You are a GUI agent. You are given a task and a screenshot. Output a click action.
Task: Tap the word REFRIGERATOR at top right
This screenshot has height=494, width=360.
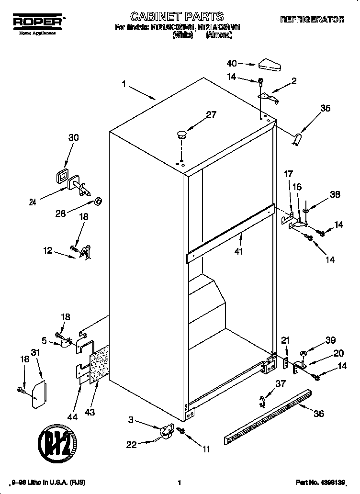(312, 20)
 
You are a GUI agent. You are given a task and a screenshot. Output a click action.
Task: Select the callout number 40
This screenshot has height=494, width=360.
(232, 63)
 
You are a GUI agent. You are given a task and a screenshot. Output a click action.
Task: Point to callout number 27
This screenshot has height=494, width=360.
(211, 114)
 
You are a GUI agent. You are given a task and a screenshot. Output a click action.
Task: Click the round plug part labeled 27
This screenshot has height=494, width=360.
(181, 134)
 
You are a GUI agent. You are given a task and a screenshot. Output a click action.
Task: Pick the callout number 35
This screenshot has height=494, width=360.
(325, 109)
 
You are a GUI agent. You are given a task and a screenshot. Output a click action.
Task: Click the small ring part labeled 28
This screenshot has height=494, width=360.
(98, 200)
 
